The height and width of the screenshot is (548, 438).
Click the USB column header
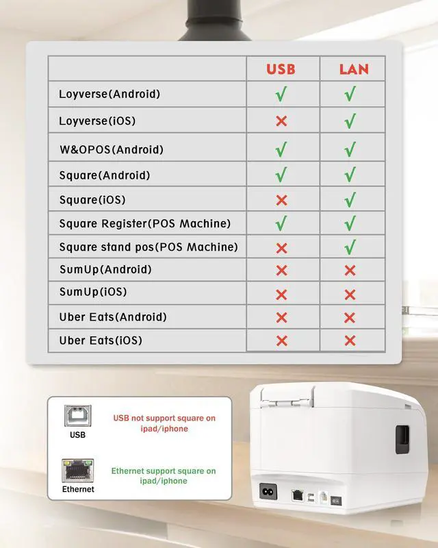point(281,68)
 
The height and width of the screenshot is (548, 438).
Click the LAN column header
point(354,68)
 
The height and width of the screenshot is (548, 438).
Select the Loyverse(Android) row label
point(109,94)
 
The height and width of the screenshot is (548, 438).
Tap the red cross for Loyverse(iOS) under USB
point(281,121)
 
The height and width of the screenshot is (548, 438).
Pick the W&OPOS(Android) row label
point(111,149)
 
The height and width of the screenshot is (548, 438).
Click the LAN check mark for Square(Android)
point(350,175)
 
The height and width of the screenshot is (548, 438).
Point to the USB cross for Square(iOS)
point(281,200)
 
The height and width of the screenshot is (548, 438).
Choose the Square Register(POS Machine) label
point(144,223)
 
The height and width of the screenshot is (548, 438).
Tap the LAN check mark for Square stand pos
point(350,247)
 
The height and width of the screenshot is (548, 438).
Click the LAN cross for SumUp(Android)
point(350,270)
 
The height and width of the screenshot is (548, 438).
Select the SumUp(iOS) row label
point(93,292)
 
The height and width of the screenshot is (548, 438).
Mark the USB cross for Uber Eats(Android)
point(281,317)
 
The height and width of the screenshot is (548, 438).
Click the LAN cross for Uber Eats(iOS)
point(350,340)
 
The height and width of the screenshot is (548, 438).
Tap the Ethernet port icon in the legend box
point(77,470)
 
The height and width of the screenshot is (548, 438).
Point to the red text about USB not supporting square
point(164,423)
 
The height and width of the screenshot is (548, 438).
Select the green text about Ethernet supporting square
point(164,476)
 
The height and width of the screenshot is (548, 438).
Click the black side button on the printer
point(403,438)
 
